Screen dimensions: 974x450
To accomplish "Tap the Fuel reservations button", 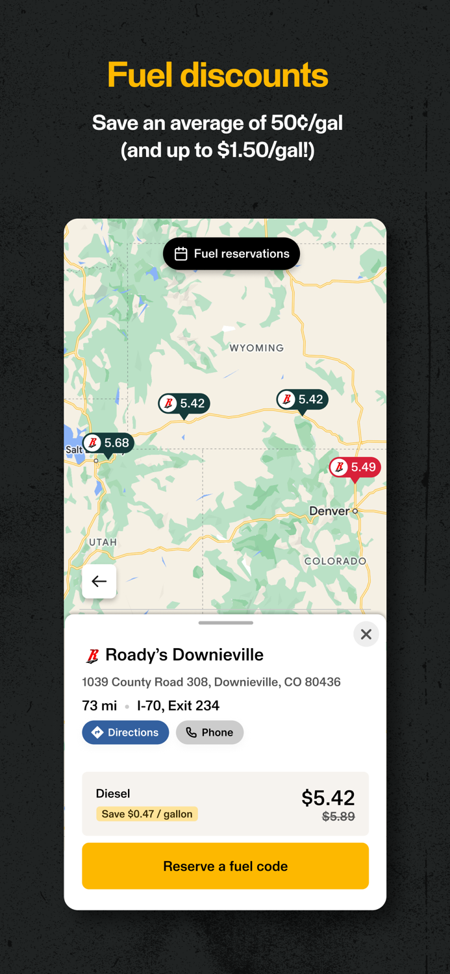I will point(231,254).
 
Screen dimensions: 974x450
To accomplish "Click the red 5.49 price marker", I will point(355,468).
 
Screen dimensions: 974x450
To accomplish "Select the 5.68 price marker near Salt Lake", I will point(108,443).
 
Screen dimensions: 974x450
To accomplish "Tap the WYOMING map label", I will point(256,348).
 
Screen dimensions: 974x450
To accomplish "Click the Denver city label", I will point(330,511).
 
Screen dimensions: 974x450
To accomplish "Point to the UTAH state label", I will point(103,542).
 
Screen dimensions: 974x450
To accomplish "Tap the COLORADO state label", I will point(335,561).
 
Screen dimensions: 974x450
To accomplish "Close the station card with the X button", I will point(366,634).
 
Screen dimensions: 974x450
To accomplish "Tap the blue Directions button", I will point(125,732).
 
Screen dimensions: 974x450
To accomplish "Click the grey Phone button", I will point(210,732).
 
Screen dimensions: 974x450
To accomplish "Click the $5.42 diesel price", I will point(328,797).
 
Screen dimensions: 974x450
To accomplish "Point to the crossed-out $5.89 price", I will point(338,817).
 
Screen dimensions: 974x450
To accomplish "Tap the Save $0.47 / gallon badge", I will point(147,814).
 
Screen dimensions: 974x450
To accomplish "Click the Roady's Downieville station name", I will point(184,655).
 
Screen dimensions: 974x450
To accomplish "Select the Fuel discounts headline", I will point(218,75).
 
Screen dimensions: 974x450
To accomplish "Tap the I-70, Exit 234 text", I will point(178,706).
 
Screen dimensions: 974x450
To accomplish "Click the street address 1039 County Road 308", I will point(211,682).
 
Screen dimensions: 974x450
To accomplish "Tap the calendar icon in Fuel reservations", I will point(181,254).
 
